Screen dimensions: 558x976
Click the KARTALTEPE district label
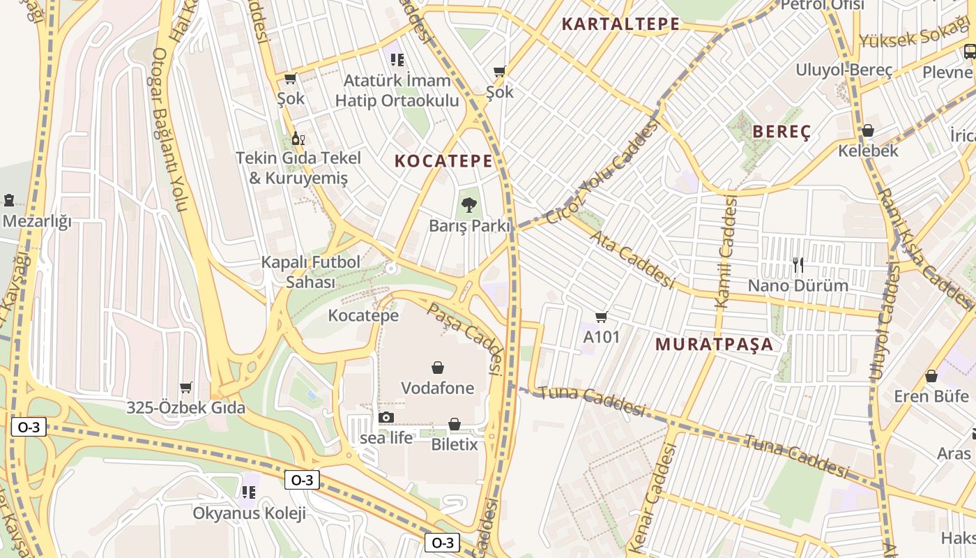click(x=620, y=24)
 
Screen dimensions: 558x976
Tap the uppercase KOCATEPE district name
click(x=443, y=161)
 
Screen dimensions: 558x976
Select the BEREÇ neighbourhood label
click(x=781, y=133)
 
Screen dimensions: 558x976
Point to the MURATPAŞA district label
click(x=715, y=344)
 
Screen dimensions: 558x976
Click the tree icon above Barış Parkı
click(x=468, y=205)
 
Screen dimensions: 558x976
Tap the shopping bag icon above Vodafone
click(x=438, y=367)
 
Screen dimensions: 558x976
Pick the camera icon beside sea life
click(x=386, y=418)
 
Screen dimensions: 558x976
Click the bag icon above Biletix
click(x=455, y=423)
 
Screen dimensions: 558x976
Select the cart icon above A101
click(x=601, y=317)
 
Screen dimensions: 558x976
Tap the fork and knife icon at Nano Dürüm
click(x=798, y=264)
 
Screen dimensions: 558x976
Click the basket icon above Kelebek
click(x=868, y=130)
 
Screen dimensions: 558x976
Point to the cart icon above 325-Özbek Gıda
click(x=185, y=387)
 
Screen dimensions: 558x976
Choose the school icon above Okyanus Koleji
click(x=249, y=492)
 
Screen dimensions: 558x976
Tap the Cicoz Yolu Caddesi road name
click(x=603, y=172)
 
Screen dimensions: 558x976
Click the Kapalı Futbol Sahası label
click(x=311, y=272)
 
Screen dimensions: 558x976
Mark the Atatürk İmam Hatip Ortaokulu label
click(x=397, y=91)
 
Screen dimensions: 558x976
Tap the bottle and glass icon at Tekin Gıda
click(x=298, y=138)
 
